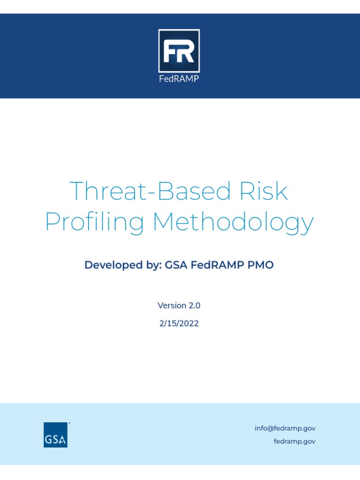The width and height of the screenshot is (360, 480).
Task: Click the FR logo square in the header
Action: [179, 51]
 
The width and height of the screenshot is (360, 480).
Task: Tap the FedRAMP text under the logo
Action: [179, 78]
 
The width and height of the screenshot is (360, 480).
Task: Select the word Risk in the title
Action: [264, 192]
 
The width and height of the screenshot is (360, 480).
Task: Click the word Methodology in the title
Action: [233, 222]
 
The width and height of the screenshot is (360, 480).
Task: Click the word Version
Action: [172, 306]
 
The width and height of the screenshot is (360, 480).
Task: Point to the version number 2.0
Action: [195, 306]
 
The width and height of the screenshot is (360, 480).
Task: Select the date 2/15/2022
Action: [179, 323]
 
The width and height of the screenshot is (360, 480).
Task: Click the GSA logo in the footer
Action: [55, 435]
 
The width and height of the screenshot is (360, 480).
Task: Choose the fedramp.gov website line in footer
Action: [294, 442]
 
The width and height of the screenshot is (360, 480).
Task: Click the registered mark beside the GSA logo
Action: [69, 423]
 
